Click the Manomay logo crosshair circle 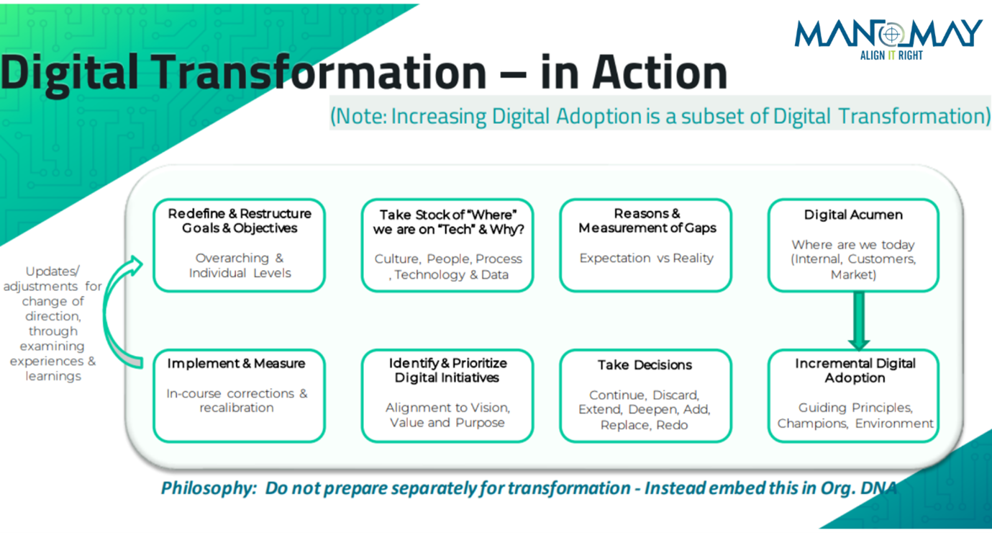(x=892, y=34)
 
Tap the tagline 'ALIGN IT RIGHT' (x=891, y=55)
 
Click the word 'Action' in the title (x=660, y=72)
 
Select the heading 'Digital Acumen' (x=853, y=215)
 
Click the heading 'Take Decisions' (x=645, y=365)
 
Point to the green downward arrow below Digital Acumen (x=859, y=321)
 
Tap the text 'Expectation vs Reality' (x=646, y=258)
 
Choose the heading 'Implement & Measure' (x=236, y=364)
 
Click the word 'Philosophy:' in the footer (x=209, y=488)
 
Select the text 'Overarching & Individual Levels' (x=240, y=265)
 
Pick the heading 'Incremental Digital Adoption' (x=855, y=371)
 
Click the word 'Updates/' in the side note (x=53, y=271)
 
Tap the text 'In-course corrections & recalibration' (x=237, y=400)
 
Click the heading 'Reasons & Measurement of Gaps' (x=647, y=221)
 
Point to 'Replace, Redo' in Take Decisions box (x=644, y=425)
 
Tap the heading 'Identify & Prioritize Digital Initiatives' (x=447, y=370)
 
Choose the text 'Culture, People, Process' (x=448, y=259)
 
